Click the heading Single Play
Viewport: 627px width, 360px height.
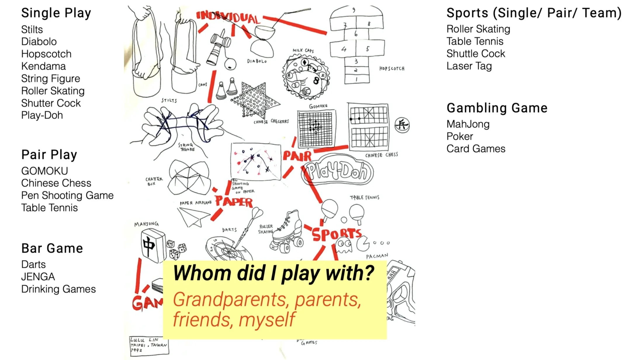click(x=56, y=13)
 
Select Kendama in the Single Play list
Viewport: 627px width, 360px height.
click(x=43, y=66)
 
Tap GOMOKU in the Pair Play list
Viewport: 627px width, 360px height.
click(x=44, y=171)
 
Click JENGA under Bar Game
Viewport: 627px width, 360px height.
click(x=38, y=277)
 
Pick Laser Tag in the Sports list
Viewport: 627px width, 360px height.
click(x=469, y=66)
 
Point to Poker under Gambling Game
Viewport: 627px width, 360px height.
click(x=460, y=136)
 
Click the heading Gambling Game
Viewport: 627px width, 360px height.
click(x=497, y=108)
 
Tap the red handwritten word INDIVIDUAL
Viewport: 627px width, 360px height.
click(x=228, y=17)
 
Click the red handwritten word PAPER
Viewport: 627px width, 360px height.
click(x=234, y=202)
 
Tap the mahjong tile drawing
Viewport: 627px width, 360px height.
click(x=153, y=245)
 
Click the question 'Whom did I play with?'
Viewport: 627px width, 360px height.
click(x=273, y=273)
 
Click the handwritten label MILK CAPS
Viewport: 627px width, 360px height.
click(x=303, y=51)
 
